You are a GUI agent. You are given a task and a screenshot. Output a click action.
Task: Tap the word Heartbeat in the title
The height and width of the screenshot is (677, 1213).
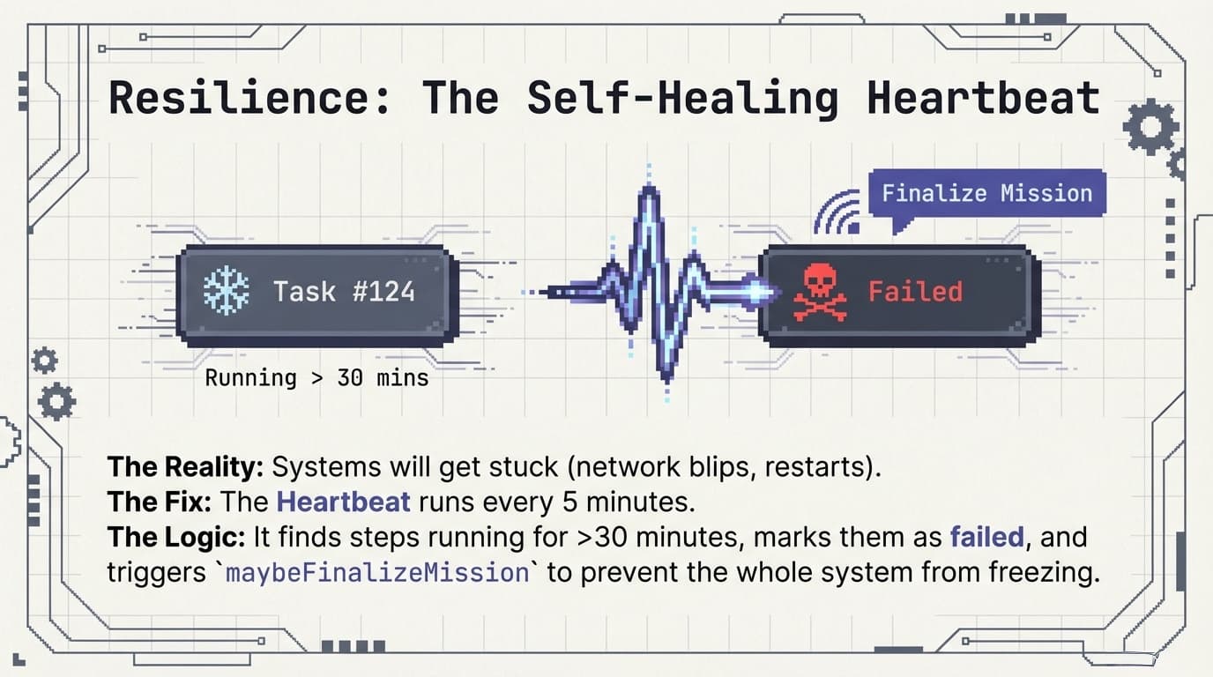pos(983,97)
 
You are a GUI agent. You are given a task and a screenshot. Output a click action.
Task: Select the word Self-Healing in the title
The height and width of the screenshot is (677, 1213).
pos(682,97)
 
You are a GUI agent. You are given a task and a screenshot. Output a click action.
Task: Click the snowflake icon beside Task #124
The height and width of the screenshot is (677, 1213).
pos(226,291)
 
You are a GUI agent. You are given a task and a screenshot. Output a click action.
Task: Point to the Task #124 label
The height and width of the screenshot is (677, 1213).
pos(344,291)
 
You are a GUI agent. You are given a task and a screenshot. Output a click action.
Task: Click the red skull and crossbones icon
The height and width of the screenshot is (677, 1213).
pos(820,292)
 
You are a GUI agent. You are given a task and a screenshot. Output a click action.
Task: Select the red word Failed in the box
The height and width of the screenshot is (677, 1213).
pos(915,291)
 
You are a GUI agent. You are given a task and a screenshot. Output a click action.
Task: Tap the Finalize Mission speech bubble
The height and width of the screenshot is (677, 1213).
pos(986,194)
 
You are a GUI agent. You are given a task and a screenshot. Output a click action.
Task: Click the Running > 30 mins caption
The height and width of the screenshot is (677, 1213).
pos(316,378)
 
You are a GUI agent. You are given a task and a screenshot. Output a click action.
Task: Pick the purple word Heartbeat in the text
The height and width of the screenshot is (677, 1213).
pos(343,502)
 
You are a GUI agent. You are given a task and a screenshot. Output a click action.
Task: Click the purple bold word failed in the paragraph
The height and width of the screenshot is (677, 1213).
pos(986,537)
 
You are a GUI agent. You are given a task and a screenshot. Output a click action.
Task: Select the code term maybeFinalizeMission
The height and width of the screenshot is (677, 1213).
pos(377,573)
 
